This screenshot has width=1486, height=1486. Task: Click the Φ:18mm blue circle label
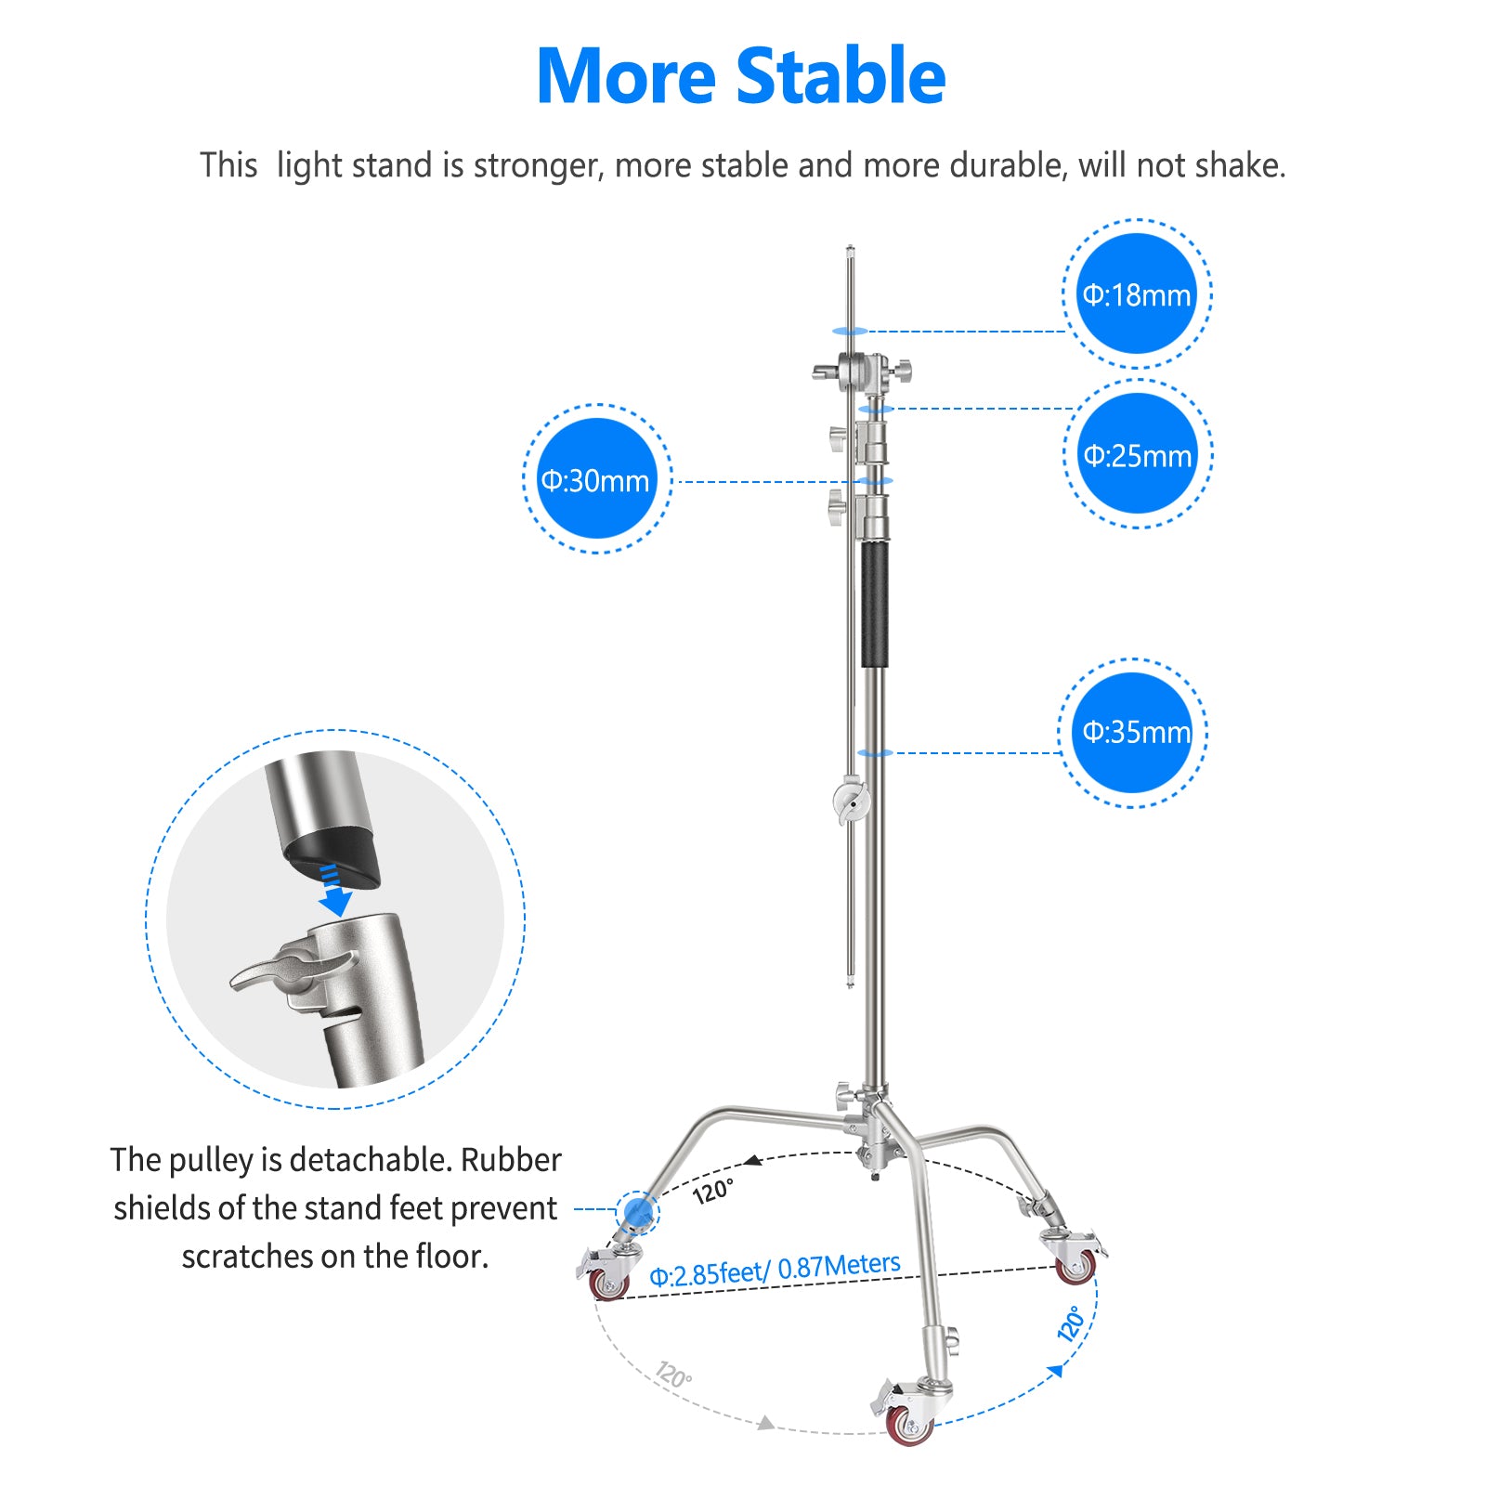(x=1137, y=294)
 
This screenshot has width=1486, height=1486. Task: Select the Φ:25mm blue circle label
(x=1138, y=454)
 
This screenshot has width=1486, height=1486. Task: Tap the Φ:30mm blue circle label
(x=596, y=479)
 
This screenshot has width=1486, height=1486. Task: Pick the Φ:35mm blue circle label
(x=1134, y=733)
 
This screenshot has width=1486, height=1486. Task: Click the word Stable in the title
(x=841, y=76)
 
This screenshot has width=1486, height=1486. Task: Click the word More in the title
(x=626, y=76)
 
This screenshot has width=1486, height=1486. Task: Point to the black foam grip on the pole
(x=874, y=605)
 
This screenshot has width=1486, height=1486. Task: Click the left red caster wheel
(x=608, y=1284)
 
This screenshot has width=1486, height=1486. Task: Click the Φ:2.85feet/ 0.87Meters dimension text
(x=775, y=1270)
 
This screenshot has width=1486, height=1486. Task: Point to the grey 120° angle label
(x=673, y=1375)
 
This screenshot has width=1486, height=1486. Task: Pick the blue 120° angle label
(x=1072, y=1323)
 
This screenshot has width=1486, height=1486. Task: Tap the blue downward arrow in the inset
(x=334, y=891)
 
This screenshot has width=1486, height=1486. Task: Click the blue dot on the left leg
(x=637, y=1211)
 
